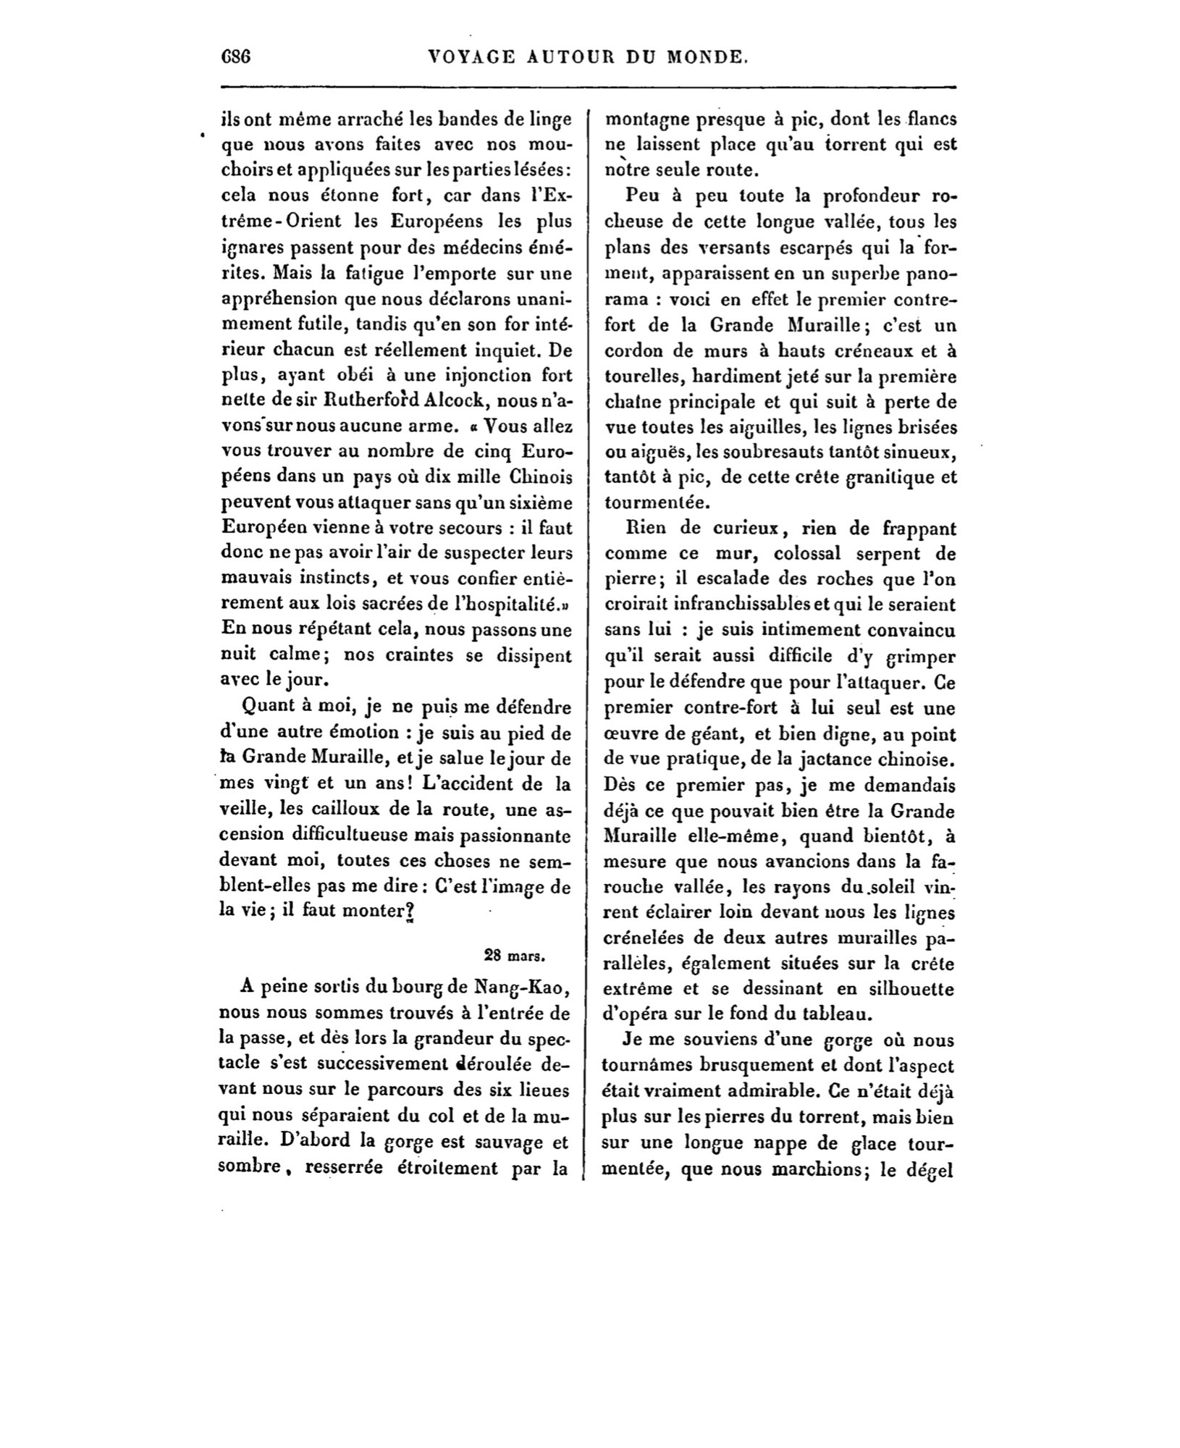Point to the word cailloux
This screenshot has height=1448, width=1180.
(375, 809)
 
